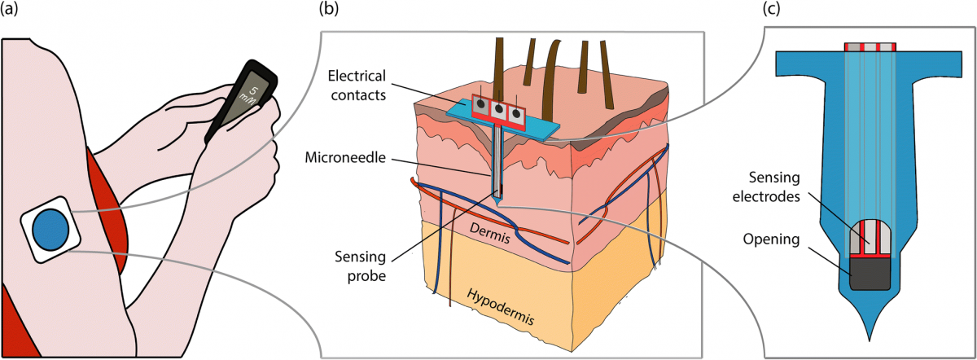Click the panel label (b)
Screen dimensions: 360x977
pyautogui.click(x=331, y=10)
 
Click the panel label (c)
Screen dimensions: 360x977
pyautogui.click(x=776, y=10)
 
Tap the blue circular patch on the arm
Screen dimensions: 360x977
pyautogui.click(x=50, y=230)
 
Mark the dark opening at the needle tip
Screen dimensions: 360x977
pyautogui.click(x=870, y=274)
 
